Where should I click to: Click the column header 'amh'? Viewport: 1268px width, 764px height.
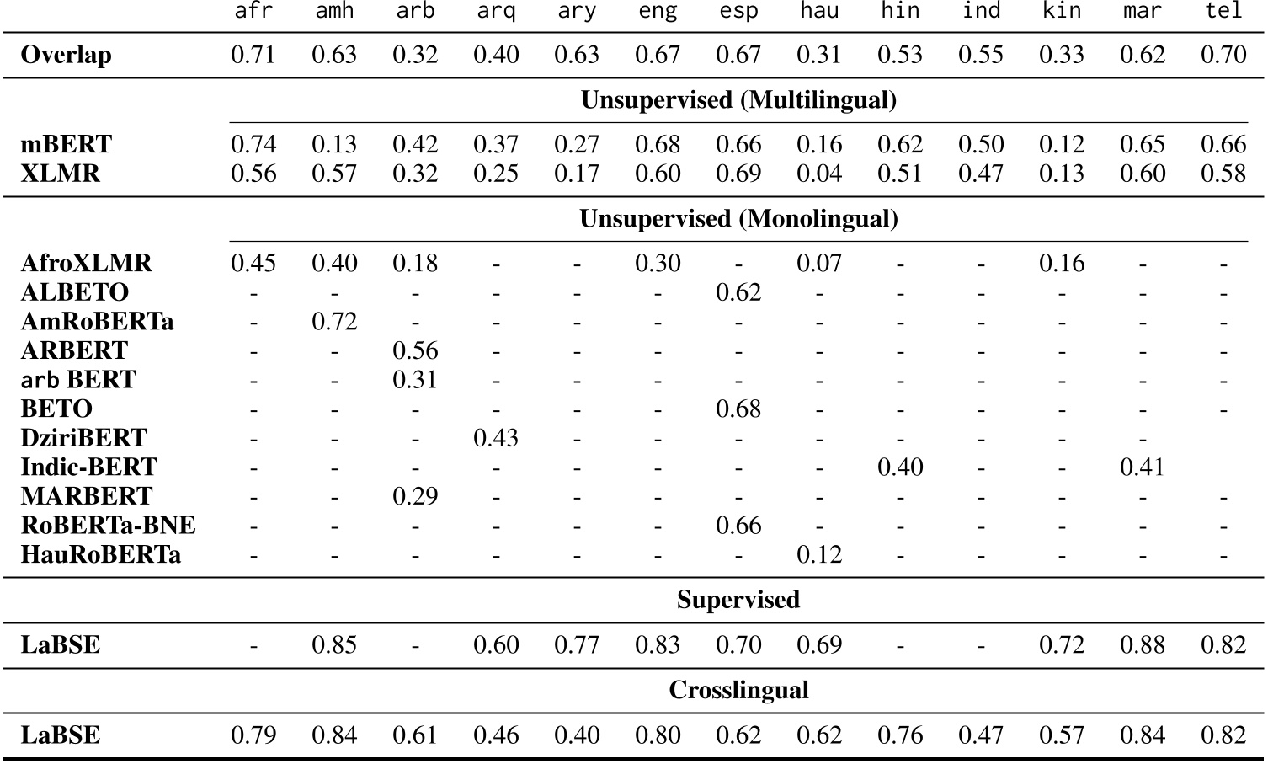pos(334,12)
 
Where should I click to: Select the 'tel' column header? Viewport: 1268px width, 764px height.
pos(1223,12)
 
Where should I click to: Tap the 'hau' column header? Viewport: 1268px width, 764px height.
pos(819,12)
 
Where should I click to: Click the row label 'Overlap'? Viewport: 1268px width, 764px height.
pos(66,56)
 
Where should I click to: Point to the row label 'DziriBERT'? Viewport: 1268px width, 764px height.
pos(83,438)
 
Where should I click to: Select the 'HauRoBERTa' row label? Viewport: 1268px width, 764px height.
pos(100,554)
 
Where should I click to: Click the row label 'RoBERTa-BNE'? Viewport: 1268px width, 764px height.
pos(108,526)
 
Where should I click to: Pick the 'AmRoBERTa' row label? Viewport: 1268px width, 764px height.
pos(97,322)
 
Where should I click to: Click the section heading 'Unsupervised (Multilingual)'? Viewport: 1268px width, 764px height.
pos(738,100)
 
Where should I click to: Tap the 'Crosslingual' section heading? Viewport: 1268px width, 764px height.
pos(738,691)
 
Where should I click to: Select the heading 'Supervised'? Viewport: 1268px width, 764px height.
pos(738,600)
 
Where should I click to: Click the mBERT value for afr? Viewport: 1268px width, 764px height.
pos(253,145)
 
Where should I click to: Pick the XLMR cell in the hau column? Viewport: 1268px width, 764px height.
pos(819,174)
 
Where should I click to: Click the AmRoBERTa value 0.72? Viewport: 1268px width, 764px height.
pos(334,322)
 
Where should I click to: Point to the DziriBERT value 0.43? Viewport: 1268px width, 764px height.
pos(496,438)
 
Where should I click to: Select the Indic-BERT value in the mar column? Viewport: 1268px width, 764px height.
pos(1143,467)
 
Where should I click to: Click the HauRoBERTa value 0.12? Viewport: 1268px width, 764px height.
pos(819,554)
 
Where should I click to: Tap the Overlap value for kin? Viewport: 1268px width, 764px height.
pos(1062,56)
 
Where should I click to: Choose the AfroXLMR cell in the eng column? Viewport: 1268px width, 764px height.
pos(658,264)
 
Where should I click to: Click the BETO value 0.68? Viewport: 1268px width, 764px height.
pos(738,409)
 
